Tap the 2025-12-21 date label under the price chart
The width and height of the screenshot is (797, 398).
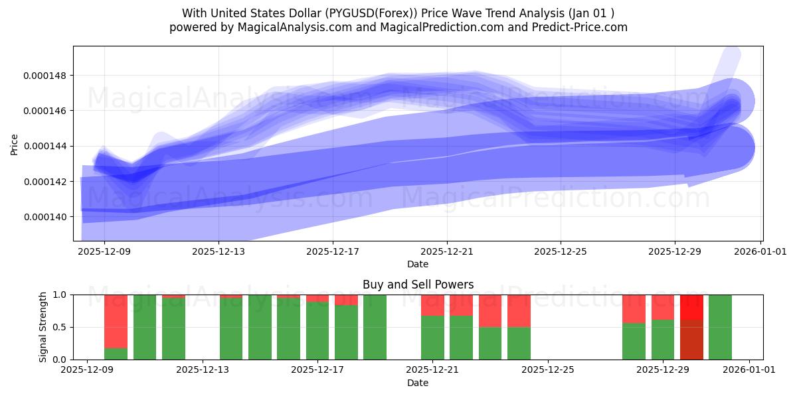[x=446, y=252]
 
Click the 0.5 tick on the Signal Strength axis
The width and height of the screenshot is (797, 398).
[x=59, y=328]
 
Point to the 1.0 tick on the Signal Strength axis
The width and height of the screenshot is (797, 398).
[x=59, y=295]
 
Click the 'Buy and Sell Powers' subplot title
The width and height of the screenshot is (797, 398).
[x=418, y=285]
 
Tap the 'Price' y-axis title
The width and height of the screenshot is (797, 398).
[x=15, y=144]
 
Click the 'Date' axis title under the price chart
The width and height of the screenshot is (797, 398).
[x=418, y=264]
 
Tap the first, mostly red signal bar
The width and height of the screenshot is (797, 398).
[x=116, y=327]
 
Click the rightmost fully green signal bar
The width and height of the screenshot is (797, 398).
[x=720, y=327]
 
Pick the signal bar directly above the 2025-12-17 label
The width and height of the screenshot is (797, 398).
[x=317, y=327]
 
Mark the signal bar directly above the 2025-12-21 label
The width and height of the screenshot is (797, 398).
[x=432, y=327]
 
